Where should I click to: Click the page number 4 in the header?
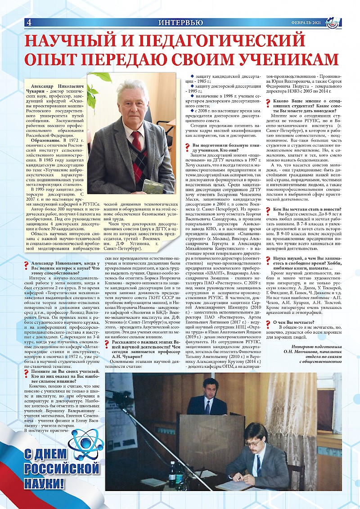tap(29, 22)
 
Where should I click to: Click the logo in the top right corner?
tap(333, 22)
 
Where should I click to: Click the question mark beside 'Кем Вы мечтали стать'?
tap(268, 210)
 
